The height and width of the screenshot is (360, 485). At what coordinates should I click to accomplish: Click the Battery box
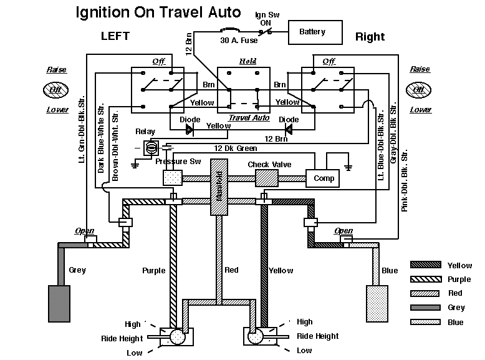tap(315, 32)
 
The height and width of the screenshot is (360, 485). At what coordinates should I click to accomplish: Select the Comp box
tap(323, 178)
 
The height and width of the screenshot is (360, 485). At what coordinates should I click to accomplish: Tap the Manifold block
tap(219, 188)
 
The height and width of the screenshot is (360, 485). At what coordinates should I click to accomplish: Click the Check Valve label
tap(267, 165)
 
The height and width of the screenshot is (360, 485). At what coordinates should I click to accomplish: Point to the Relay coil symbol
tap(150, 148)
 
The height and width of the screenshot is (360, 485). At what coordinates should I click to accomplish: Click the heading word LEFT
tap(115, 36)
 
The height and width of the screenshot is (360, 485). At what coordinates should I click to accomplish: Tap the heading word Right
tap(370, 37)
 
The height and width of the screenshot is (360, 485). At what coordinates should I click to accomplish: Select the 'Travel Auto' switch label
tap(248, 117)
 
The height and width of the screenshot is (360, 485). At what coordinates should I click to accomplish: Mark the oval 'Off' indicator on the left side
tap(56, 90)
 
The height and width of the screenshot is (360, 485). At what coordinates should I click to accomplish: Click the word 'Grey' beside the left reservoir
tap(77, 270)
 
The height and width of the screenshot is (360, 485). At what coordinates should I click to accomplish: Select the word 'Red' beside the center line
tap(231, 270)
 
